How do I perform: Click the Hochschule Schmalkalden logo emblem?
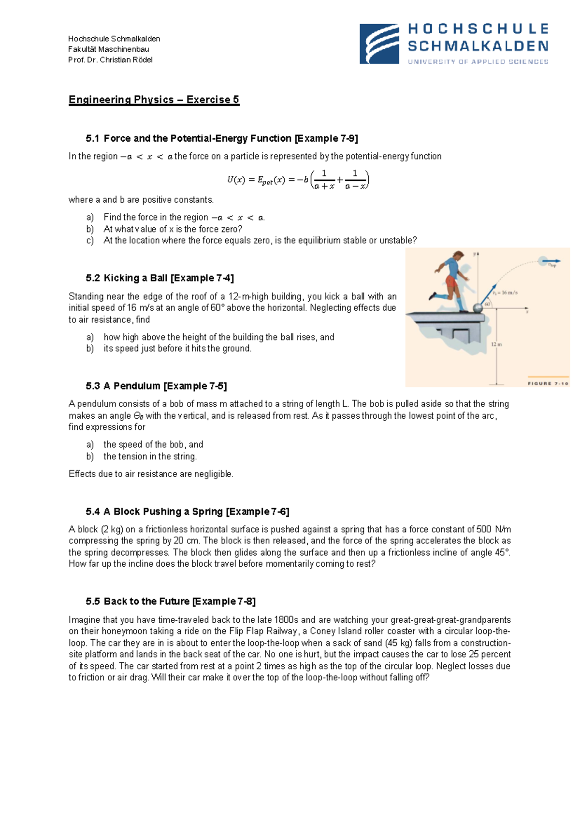click(379, 44)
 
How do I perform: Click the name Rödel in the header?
click(142, 60)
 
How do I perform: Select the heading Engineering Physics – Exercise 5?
click(154, 100)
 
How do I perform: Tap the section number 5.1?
click(92, 138)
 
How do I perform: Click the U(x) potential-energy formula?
click(298, 180)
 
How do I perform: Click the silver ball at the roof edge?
click(478, 307)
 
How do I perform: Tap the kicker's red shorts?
click(451, 282)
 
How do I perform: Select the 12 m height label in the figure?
click(496, 344)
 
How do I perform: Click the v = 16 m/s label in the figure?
click(506, 293)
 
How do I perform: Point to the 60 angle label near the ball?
click(487, 304)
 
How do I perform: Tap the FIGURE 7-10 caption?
click(548, 383)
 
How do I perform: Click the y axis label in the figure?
click(475, 253)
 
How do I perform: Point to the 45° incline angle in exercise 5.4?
click(502, 552)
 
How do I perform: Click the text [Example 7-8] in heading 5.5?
click(224, 601)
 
